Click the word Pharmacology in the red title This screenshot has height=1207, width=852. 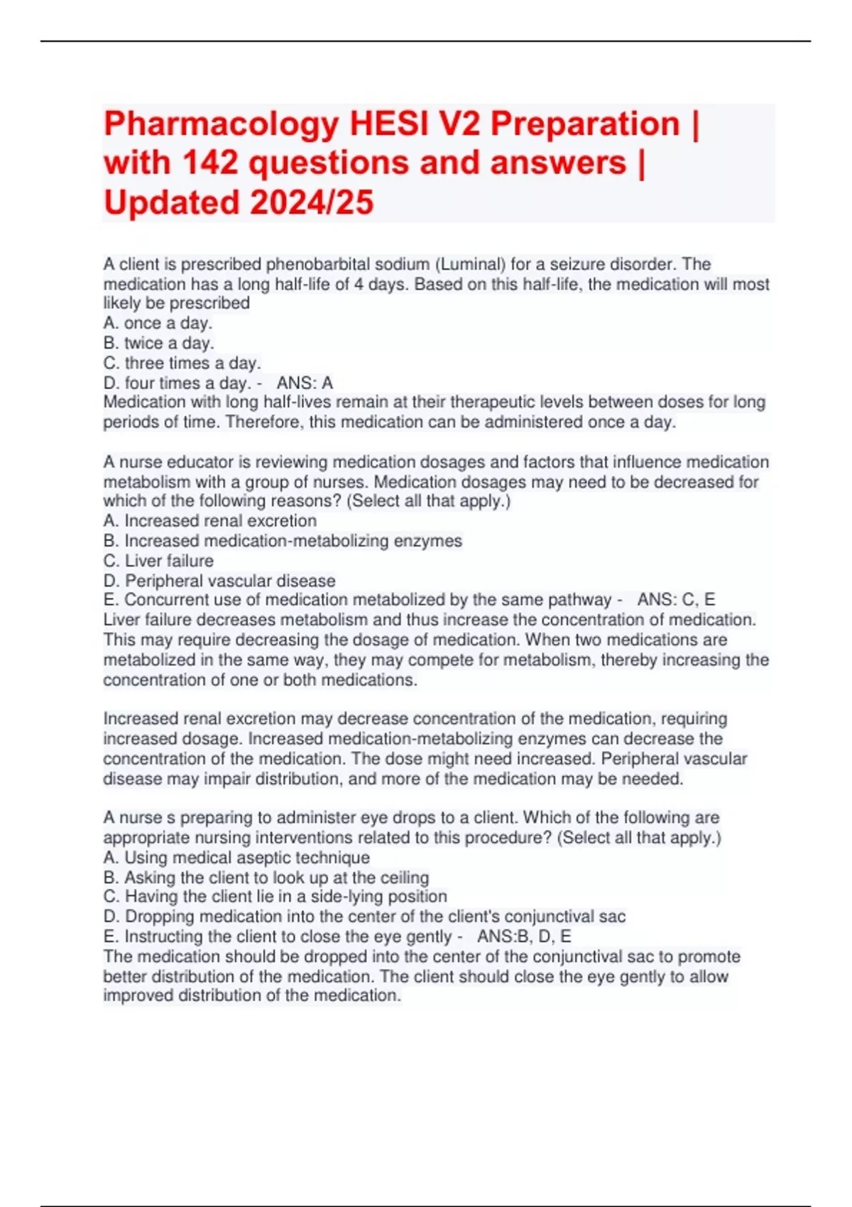pos(221,125)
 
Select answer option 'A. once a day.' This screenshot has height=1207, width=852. pos(158,324)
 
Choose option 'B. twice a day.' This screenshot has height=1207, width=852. pos(158,344)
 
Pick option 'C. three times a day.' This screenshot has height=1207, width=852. pos(182,364)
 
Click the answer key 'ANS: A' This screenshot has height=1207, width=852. pos(305,383)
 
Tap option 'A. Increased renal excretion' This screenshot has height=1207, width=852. pos(210,521)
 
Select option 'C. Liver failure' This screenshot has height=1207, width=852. pos(158,561)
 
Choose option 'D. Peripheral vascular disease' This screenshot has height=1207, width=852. pos(219,581)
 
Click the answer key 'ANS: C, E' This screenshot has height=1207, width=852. pos(676,600)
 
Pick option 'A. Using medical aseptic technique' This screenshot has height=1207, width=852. pos(236,858)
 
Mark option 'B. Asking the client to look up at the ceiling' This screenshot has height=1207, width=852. pos(266,878)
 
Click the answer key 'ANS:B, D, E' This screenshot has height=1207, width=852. pos(524,936)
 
